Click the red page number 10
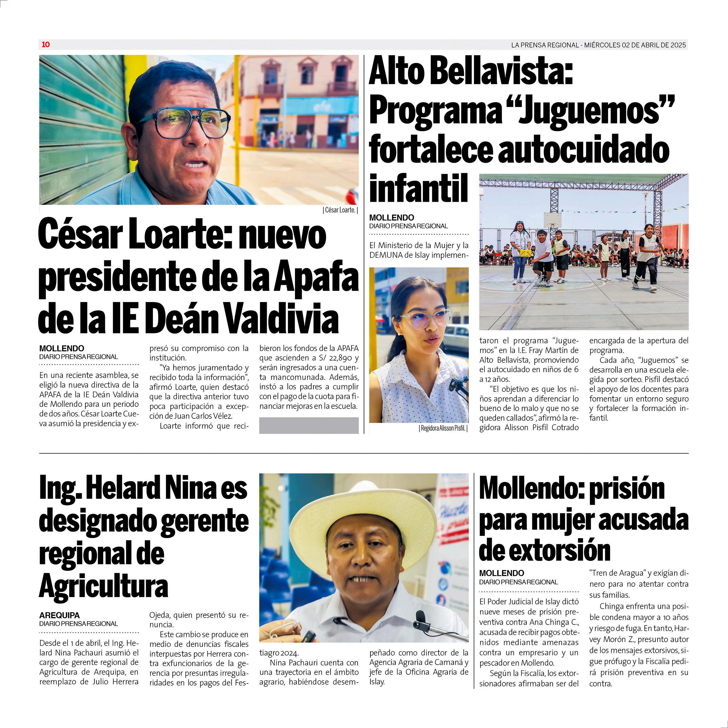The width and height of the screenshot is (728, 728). coord(46,45)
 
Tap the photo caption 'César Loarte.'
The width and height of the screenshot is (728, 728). coord(340,210)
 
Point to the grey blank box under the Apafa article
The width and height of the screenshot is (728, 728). coord(309,425)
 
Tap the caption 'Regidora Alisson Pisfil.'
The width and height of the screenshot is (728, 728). coord(443,428)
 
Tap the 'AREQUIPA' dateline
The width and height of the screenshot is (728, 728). coord(59,615)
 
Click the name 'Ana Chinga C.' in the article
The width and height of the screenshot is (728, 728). coord(554,622)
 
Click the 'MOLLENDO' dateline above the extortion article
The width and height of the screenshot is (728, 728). coord(501,573)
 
